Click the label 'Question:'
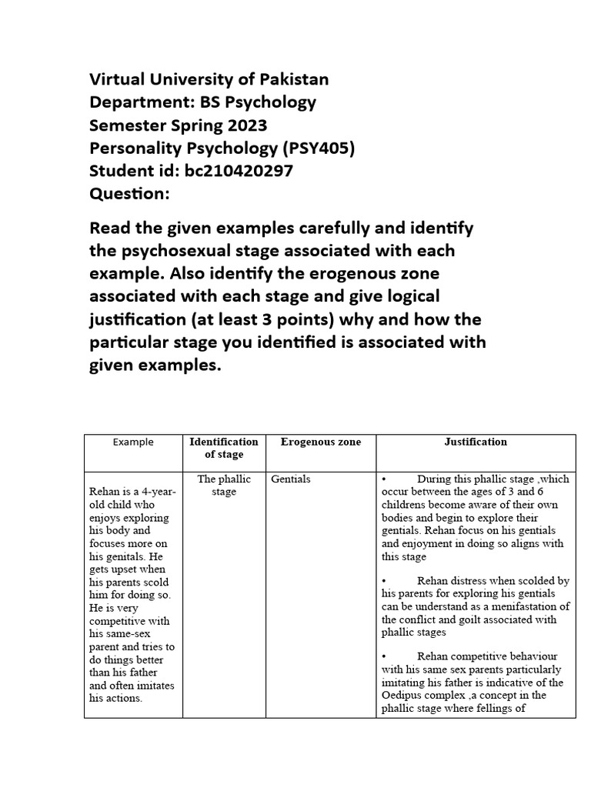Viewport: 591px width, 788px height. coord(129,194)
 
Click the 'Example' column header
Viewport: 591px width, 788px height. coord(133,442)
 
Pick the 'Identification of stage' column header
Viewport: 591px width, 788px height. coord(224,448)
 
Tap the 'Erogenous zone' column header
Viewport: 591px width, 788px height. coord(320,442)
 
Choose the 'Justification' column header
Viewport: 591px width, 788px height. coord(476,442)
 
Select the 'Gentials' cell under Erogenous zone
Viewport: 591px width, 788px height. coord(291,479)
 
